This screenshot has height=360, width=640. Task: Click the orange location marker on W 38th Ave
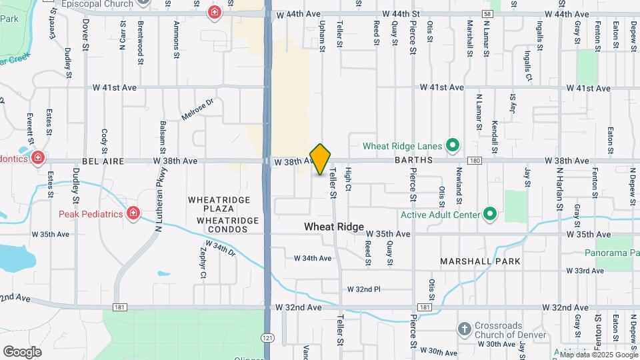pyautogui.click(x=321, y=159)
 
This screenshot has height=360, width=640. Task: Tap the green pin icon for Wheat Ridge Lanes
pyautogui.click(x=453, y=145)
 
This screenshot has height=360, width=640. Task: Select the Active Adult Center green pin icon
pyautogui.click(x=490, y=214)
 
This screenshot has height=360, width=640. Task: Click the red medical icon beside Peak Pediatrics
pyautogui.click(x=134, y=213)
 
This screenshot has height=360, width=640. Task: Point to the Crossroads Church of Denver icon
pyautogui.click(x=465, y=329)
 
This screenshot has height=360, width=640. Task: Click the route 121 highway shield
pyautogui.click(x=267, y=338)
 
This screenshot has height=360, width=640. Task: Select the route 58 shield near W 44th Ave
pyautogui.click(x=489, y=14)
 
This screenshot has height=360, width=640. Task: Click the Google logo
pyautogui.click(x=22, y=351)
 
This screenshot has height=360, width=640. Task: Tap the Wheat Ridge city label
pyautogui.click(x=334, y=227)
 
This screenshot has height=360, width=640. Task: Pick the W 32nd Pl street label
pyautogui.click(x=363, y=289)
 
